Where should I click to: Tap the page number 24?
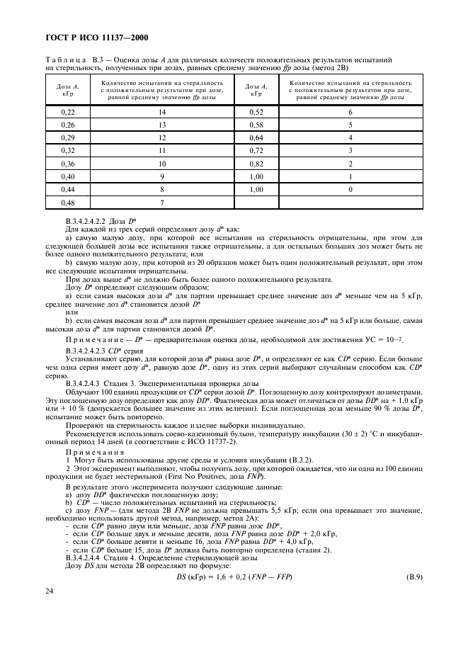50,610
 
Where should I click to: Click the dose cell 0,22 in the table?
68,112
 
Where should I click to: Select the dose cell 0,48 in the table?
68,203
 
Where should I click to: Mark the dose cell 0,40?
68,176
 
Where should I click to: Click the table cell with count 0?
350,189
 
